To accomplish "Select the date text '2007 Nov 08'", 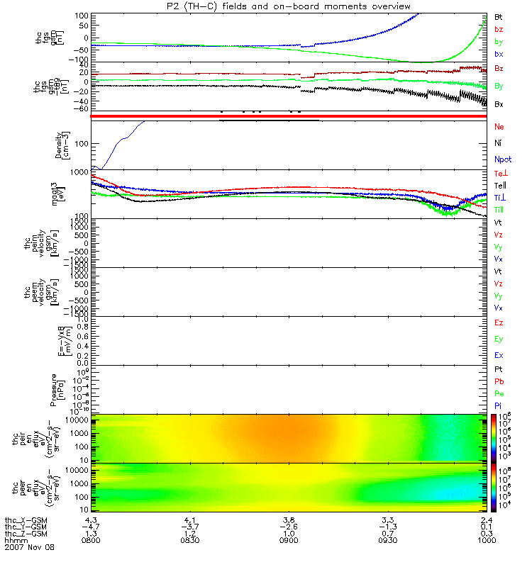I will (x=29, y=547).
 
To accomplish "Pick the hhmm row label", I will (x=15, y=540).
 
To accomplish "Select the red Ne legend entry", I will (x=499, y=126).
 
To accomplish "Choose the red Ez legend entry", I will (x=499, y=322).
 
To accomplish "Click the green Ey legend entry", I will (x=499, y=339).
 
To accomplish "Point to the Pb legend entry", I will (x=499, y=381).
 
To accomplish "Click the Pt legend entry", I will (x=498, y=371).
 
